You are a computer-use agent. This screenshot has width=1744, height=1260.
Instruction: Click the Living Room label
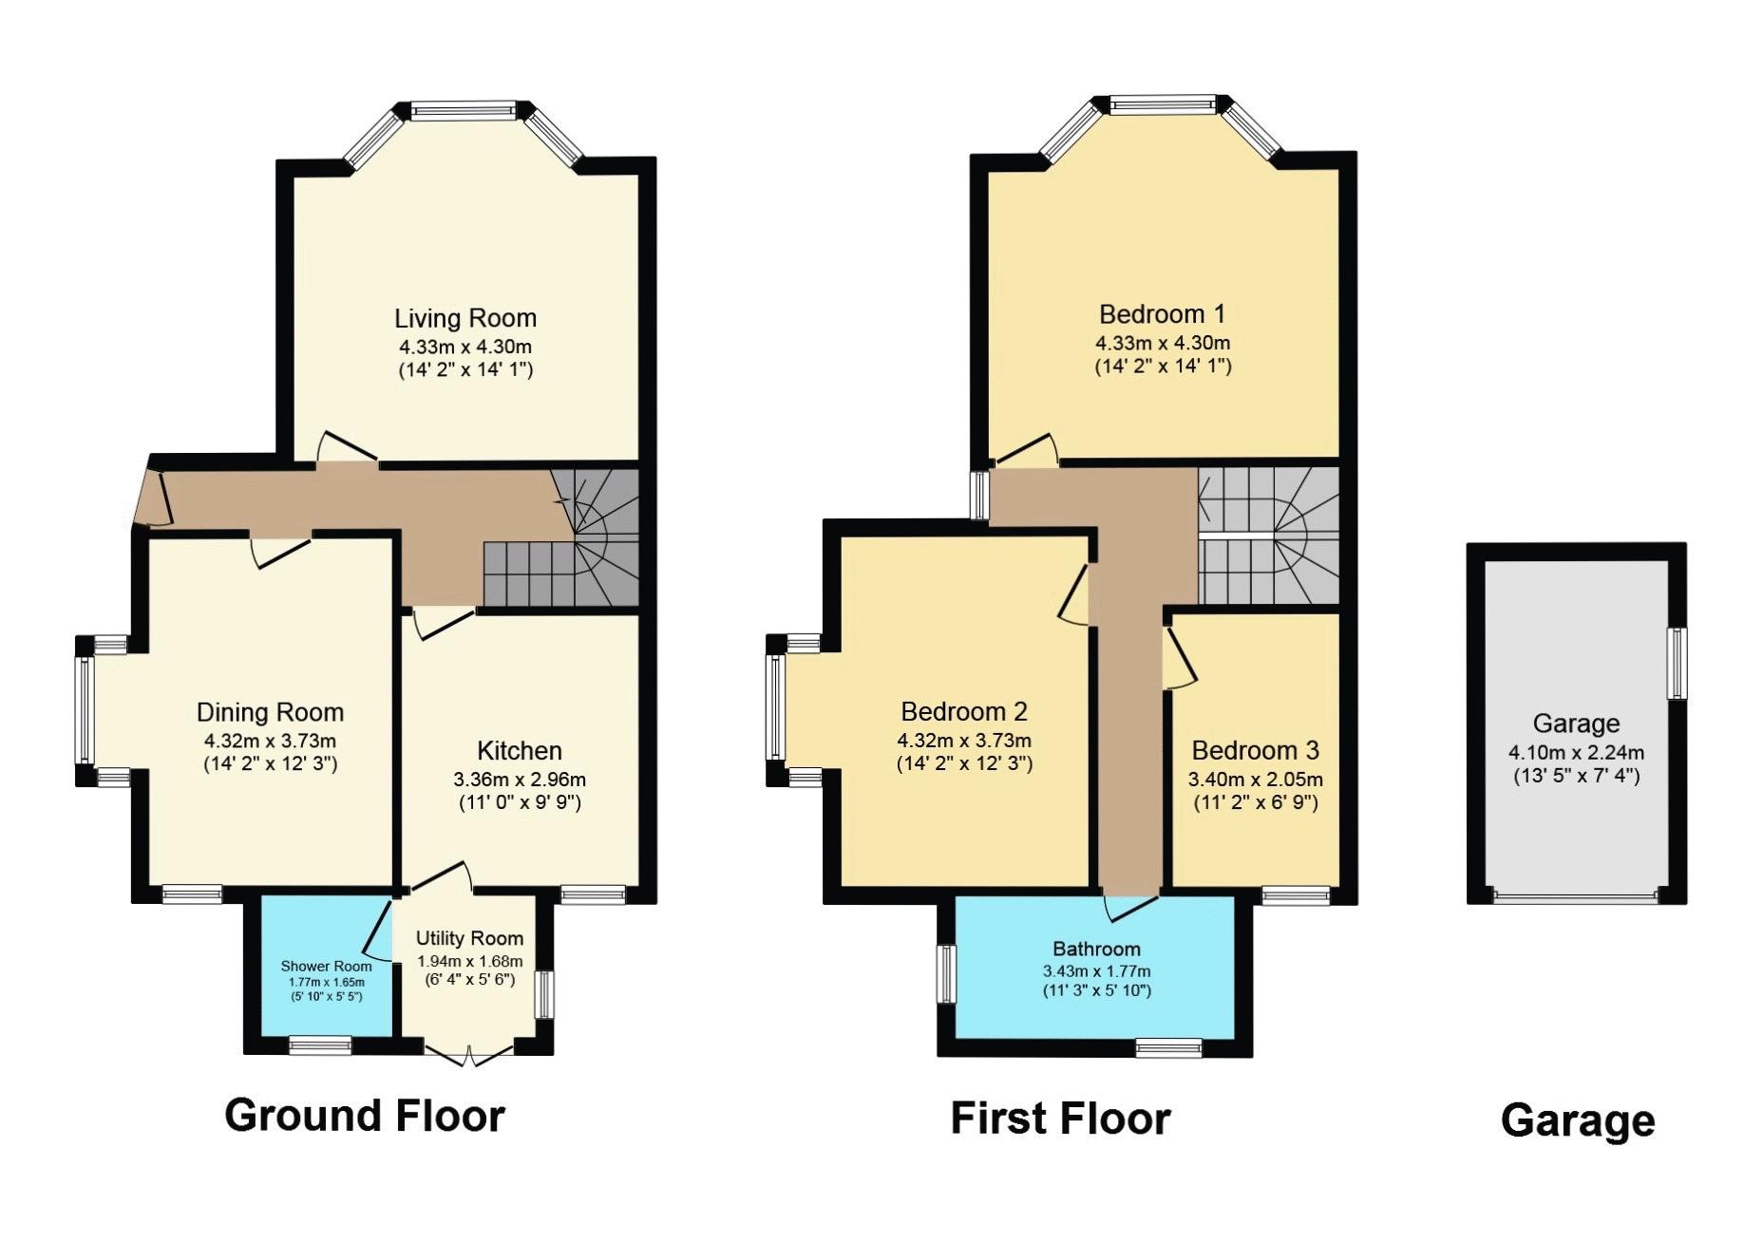(x=465, y=318)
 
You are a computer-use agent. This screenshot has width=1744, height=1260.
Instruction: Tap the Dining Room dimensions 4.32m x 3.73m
(x=270, y=741)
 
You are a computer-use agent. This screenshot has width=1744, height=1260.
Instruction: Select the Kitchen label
(x=520, y=751)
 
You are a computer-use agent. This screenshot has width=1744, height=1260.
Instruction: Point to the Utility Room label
(x=469, y=939)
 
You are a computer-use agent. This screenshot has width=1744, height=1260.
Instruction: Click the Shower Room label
(x=326, y=967)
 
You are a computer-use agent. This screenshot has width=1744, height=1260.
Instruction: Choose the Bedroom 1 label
(x=1162, y=314)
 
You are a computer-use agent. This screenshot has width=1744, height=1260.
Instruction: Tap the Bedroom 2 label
(x=964, y=711)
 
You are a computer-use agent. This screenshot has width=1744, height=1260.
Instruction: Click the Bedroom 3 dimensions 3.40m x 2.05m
(x=1255, y=780)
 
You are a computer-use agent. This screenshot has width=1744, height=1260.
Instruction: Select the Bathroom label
(x=1096, y=949)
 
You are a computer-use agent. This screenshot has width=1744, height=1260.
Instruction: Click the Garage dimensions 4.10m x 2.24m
(x=1576, y=753)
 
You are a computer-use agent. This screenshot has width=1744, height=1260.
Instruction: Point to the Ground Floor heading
(x=365, y=1116)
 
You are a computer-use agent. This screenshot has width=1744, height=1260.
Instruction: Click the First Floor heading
(x=1060, y=1119)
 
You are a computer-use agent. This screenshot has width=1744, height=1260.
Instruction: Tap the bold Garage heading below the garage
(x=1578, y=1121)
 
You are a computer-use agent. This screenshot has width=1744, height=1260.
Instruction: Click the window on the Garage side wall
(x=1678, y=663)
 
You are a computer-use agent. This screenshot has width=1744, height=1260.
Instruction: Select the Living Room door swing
(x=348, y=448)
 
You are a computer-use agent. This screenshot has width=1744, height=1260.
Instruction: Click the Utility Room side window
(x=544, y=994)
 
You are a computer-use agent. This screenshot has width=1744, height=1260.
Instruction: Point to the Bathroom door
(x=1131, y=906)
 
